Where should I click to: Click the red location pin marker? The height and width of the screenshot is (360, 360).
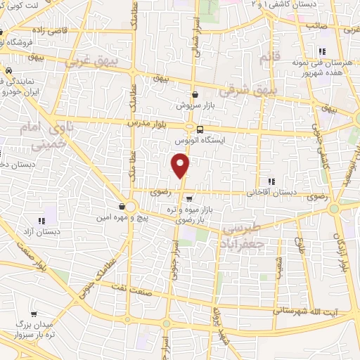coord(181,166)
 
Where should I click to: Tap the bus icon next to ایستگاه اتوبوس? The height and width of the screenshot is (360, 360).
coord(200,129)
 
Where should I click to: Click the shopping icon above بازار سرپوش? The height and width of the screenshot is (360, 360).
coord(195,94)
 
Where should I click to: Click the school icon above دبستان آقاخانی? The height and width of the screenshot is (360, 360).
coord(271,181)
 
